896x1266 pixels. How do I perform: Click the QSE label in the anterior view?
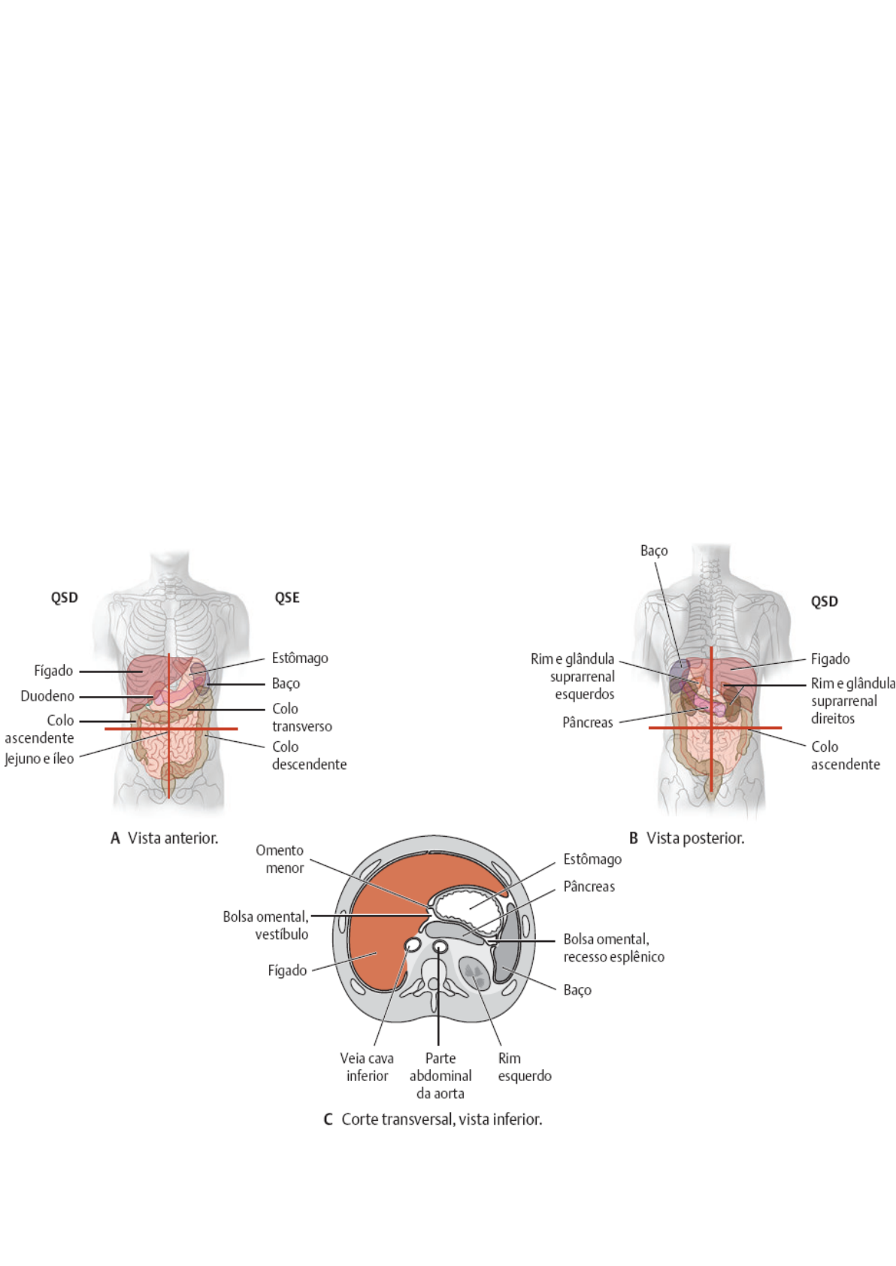coord(286,598)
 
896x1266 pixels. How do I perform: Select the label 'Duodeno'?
coord(47,696)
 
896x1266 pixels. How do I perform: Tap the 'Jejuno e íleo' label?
coord(40,759)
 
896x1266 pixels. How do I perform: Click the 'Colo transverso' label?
coord(301,717)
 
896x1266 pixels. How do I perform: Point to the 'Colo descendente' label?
coord(309,756)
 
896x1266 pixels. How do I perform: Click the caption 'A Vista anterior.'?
coord(165,838)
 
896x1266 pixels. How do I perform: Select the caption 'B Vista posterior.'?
coord(686,838)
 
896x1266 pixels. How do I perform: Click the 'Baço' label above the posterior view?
coord(653,551)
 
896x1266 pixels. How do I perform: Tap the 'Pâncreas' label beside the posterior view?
coord(587,722)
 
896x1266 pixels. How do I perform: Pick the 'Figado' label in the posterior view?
coord(830,659)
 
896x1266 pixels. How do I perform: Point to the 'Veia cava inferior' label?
coord(367,1067)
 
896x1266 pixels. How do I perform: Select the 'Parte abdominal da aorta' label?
coord(440,1076)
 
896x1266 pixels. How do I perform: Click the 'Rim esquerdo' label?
coord(524,1067)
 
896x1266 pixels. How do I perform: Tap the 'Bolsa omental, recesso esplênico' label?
coord(613,948)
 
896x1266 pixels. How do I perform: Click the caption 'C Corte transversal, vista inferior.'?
coord(433,1119)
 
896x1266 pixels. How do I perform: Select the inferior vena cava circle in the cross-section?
coord(413,944)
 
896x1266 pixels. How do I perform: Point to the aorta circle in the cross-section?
coord(440,946)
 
